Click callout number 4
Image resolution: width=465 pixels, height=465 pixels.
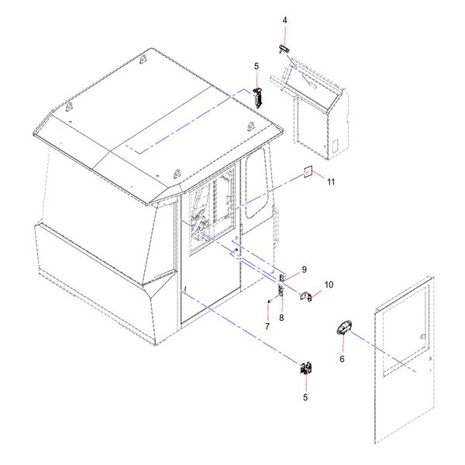[x=284, y=20]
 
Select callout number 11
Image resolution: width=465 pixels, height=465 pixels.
[x=331, y=181]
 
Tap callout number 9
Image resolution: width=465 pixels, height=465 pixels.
[x=305, y=270]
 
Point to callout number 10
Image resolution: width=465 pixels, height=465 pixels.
[x=329, y=284]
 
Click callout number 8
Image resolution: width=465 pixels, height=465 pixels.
[x=281, y=318]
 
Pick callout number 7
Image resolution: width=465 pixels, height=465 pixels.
[x=267, y=326]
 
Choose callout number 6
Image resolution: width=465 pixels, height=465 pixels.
[x=342, y=359]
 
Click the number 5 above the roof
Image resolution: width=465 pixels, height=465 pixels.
[x=257, y=66]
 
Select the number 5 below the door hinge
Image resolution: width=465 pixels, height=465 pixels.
[x=305, y=398]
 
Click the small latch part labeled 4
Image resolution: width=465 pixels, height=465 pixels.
[x=284, y=50]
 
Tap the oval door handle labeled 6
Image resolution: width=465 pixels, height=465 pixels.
[x=344, y=329]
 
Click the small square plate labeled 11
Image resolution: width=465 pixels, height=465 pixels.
[x=308, y=172]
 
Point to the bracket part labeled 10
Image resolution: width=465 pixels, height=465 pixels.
[x=306, y=296]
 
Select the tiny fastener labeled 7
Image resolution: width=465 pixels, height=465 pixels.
[x=269, y=301]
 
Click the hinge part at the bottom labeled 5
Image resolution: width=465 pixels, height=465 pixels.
[x=306, y=368]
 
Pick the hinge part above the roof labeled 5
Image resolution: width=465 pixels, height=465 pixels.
[x=258, y=98]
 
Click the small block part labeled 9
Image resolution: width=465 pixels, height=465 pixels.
[x=282, y=278]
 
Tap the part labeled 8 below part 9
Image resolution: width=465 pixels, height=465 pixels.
[x=281, y=291]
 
